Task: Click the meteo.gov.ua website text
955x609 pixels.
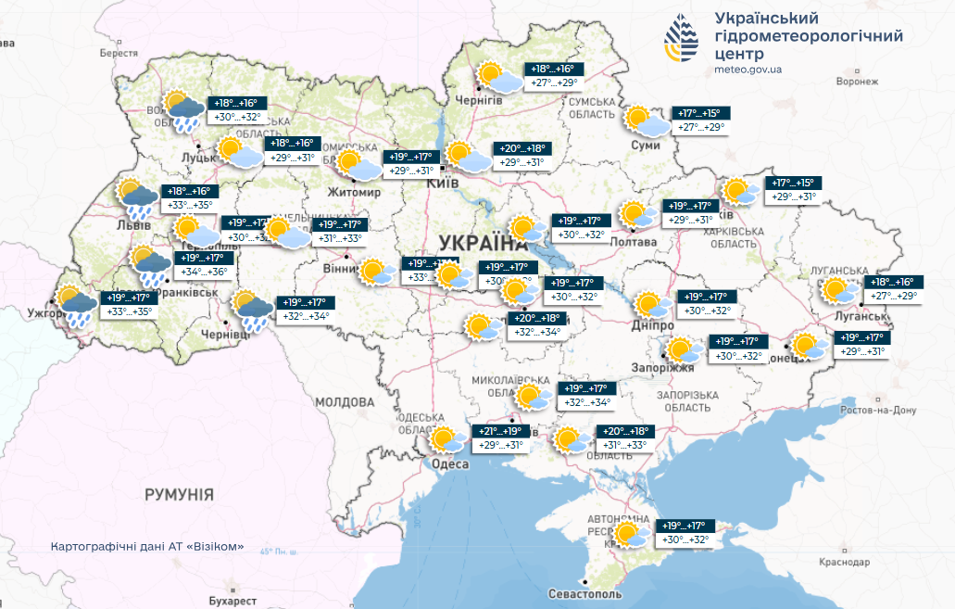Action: [748, 70]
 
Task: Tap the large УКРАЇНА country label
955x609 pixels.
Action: [482, 244]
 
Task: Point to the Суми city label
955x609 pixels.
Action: [645, 146]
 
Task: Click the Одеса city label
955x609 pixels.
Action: [450, 465]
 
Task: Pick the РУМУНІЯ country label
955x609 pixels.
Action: [179, 495]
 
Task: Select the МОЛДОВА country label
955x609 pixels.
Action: [345, 402]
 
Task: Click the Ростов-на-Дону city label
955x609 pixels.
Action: [878, 410]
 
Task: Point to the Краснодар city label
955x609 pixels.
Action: [844, 563]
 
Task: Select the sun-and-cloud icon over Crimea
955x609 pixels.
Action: [631, 534]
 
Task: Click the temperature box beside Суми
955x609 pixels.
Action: [702, 121]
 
